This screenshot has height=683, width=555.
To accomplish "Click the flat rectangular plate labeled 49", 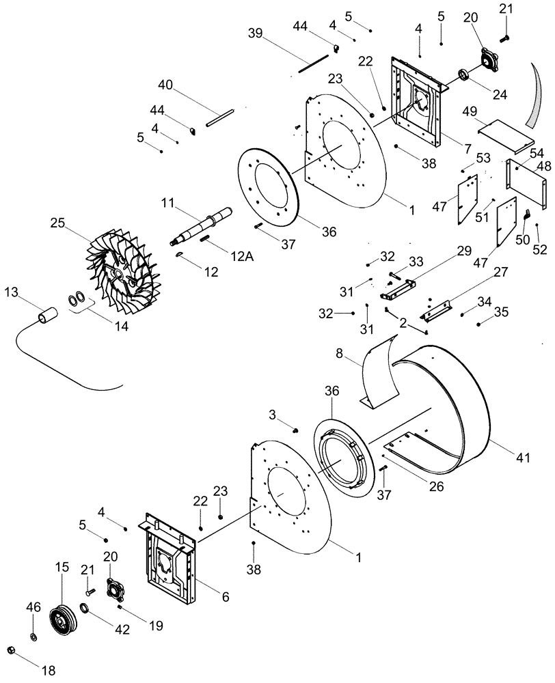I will coord(505,137).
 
